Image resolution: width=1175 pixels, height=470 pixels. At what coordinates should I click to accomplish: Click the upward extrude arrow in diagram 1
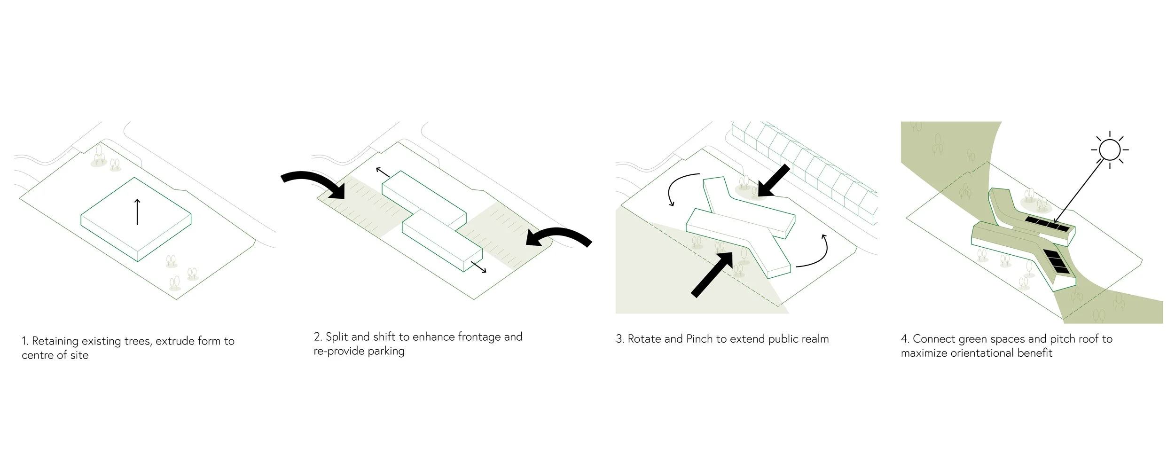coord(137,212)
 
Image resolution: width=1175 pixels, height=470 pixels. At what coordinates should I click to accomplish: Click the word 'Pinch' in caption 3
coord(699,339)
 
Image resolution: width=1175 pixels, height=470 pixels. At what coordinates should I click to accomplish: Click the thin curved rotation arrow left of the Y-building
coord(680,188)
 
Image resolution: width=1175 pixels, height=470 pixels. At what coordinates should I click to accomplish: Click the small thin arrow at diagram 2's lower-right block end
coord(478,266)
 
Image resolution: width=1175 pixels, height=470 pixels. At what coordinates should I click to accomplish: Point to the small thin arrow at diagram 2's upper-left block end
coord(383,172)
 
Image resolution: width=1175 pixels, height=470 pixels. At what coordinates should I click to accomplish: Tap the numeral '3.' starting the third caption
coord(620,339)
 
